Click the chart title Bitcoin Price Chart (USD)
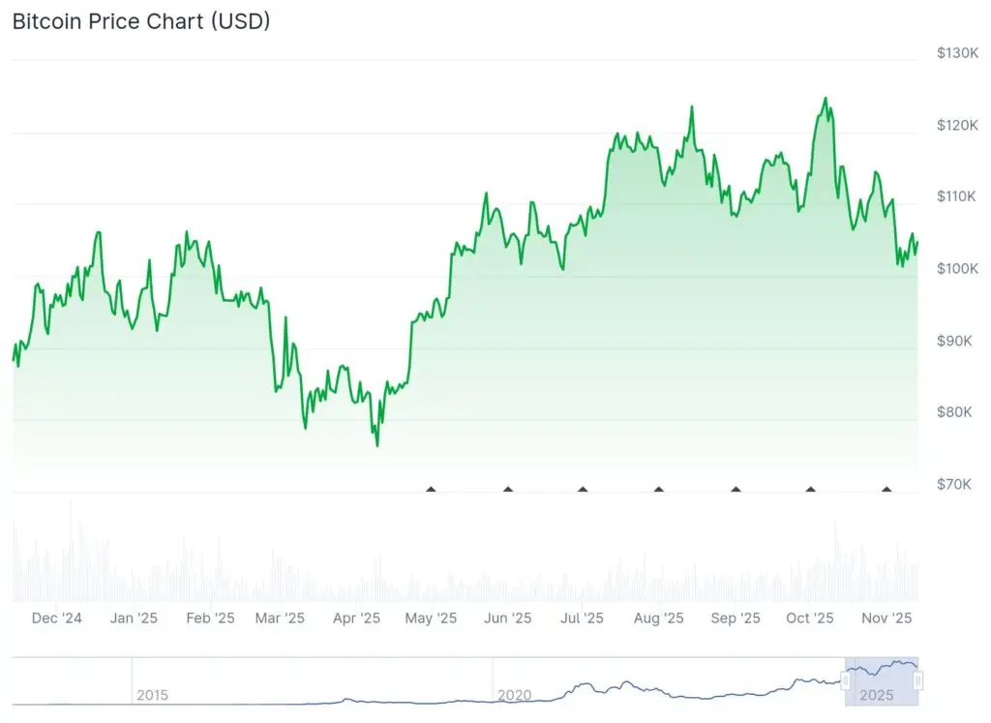pyautogui.click(x=141, y=21)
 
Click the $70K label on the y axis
pyautogui.click(x=955, y=484)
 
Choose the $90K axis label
pyautogui.click(x=955, y=341)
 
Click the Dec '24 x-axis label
pyautogui.click(x=57, y=618)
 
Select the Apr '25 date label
pyautogui.click(x=357, y=618)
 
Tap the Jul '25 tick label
pyautogui.click(x=583, y=618)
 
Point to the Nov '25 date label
pyautogui.click(x=886, y=618)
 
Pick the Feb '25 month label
pyautogui.click(x=210, y=618)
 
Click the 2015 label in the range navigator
pyautogui.click(x=152, y=695)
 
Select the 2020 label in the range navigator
pyautogui.click(x=513, y=695)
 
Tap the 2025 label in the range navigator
pyautogui.click(x=876, y=695)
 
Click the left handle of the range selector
pyautogui.click(x=846, y=681)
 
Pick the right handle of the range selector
pyautogui.click(x=918, y=681)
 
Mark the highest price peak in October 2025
pyautogui.click(x=826, y=98)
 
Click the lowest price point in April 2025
pyautogui.click(x=376, y=446)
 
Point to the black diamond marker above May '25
pyautogui.click(x=432, y=490)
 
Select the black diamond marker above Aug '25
pyautogui.click(x=659, y=490)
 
